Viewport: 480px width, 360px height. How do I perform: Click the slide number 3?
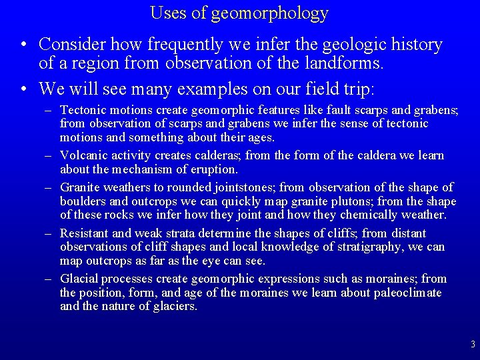click(x=472, y=345)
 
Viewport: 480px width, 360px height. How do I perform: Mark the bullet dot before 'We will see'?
click(x=24, y=89)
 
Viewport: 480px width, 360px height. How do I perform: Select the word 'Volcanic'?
click(x=81, y=155)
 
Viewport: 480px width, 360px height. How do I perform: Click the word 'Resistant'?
click(x=85, y=233)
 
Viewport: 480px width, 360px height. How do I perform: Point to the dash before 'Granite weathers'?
click(x=49, y=187)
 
